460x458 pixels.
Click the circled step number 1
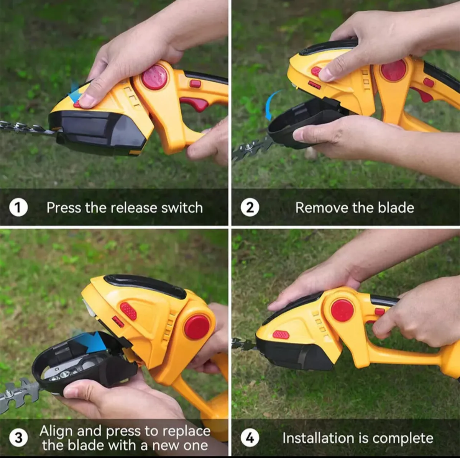18,208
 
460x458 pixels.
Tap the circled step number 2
250,208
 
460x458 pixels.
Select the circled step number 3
18,438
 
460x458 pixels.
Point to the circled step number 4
250,438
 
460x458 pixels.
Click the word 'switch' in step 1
182,208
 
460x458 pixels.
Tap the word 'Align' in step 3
56,431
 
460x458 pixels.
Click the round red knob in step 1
154,77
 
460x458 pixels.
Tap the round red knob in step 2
393,70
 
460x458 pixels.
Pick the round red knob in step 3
197,327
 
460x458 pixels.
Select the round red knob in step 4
342,310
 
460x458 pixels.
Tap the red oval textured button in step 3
128,311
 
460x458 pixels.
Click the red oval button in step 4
281,334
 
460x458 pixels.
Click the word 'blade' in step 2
396,208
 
